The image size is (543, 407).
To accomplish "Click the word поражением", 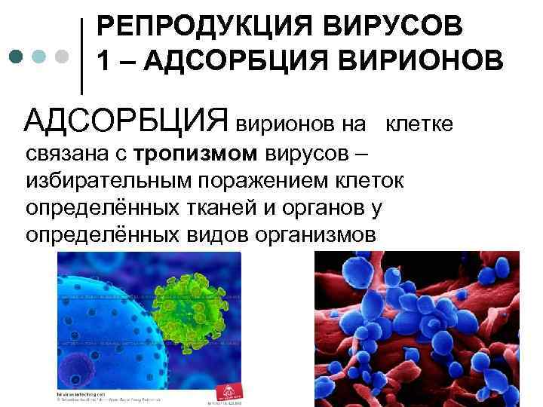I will (271, 181).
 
